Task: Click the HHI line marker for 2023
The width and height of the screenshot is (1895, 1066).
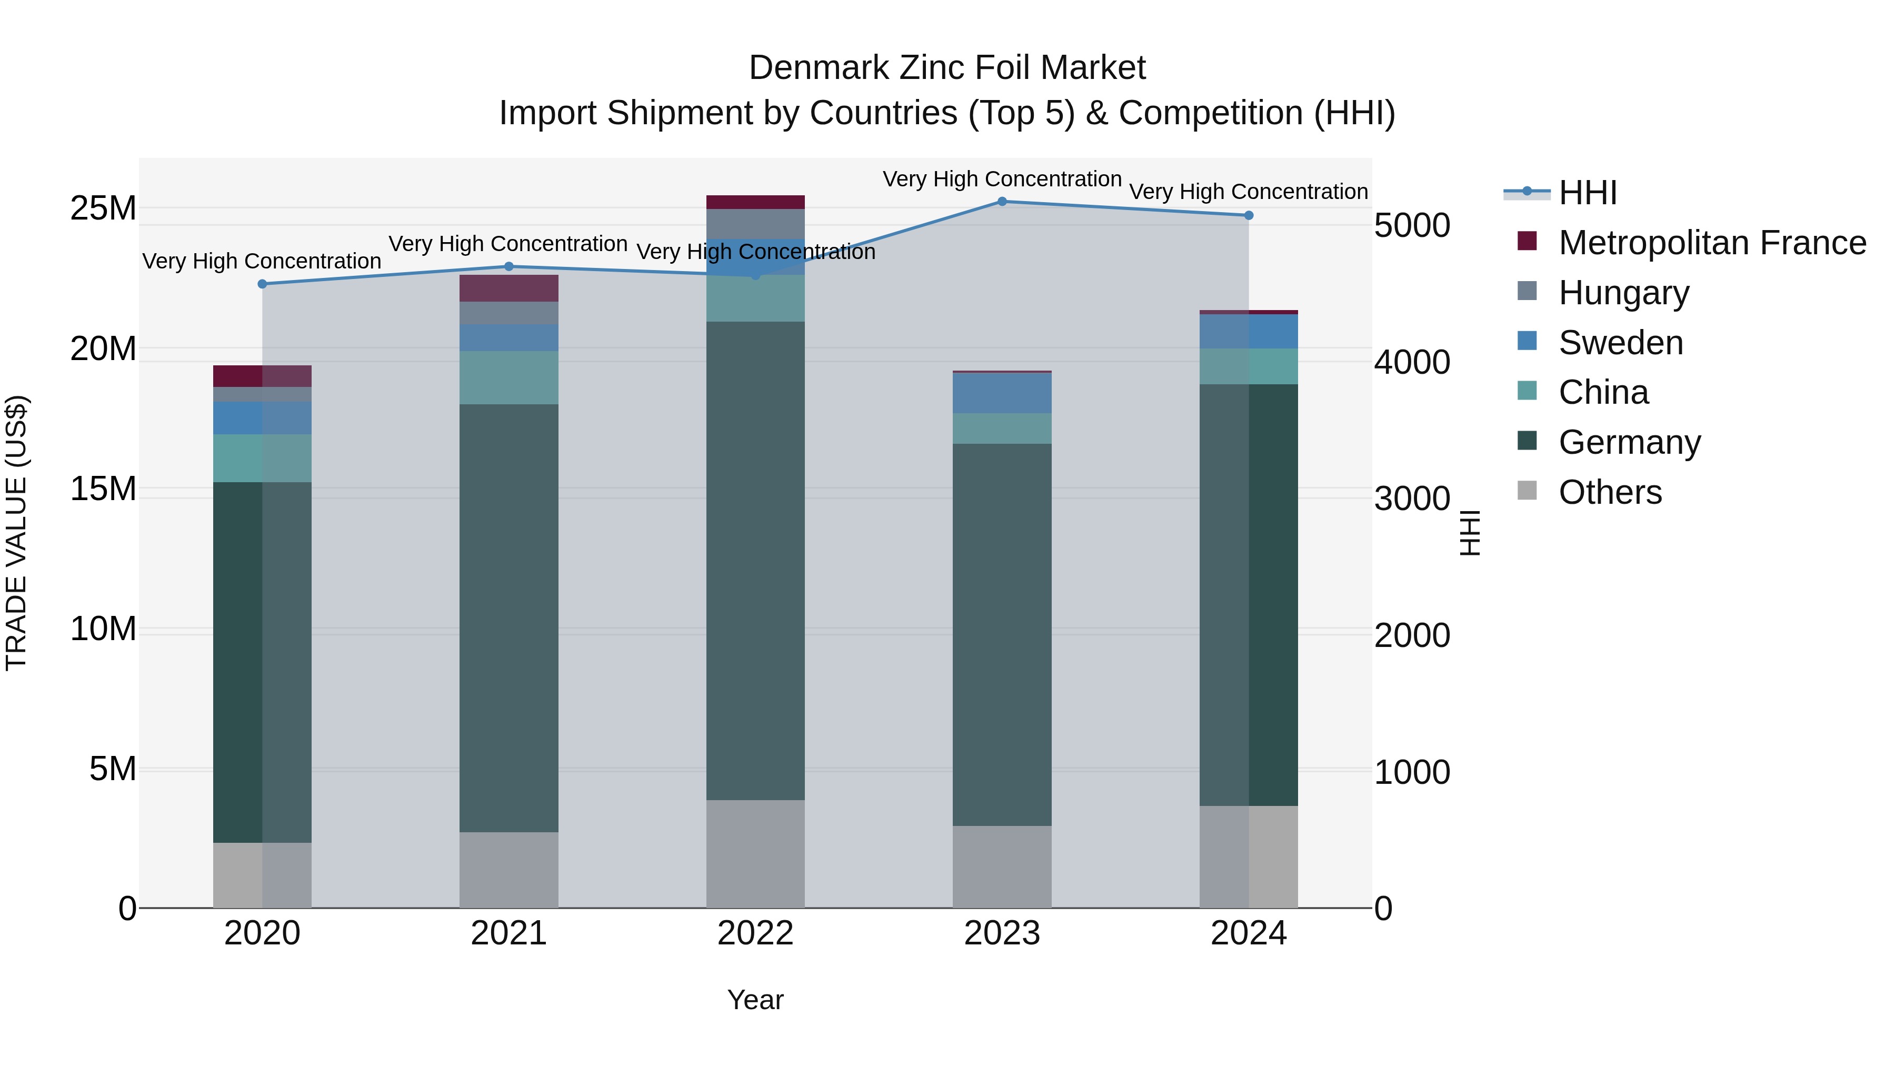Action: tap(1002, 201)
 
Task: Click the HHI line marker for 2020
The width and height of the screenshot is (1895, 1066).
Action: tap(262, 284)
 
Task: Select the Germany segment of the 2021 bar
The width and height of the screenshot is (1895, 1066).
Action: tap(508, 618)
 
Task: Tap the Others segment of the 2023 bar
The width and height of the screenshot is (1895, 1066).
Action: tap(1002, 866)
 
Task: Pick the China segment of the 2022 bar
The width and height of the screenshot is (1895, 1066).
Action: tap(755, 298)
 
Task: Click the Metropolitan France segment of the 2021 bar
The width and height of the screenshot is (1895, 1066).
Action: tap(508, 288)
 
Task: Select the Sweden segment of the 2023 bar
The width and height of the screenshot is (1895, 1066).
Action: tap(1002, 393)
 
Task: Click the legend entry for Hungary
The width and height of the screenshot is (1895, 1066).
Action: tap(1623, 293)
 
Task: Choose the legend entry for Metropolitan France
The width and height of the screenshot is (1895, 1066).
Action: tap(1711, 243)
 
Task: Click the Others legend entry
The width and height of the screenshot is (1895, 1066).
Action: tap(1610, 492)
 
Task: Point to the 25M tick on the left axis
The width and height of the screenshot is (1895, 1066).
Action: tap(103, 209)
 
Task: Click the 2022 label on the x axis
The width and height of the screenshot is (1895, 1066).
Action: tap(755, 933)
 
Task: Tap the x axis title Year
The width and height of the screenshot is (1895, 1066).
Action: tap(755, 1000)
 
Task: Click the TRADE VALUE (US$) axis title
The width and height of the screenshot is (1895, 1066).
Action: tap(16, 533)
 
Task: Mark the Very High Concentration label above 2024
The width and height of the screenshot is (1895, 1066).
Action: tap(1249, 192)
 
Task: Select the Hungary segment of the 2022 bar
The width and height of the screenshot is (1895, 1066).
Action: tap(755, 224)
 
